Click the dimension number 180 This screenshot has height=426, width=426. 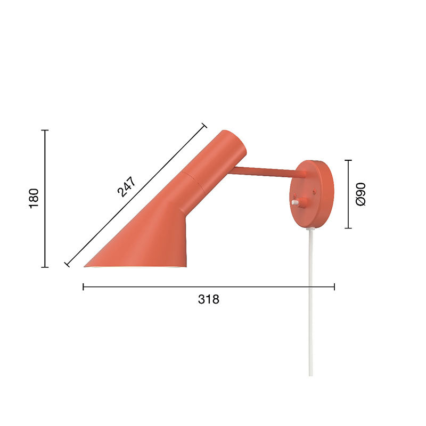click(34, 198)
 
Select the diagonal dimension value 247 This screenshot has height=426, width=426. click(127, 186)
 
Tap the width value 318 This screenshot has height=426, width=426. click(209, 299)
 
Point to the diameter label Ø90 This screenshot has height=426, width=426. click(361, 194)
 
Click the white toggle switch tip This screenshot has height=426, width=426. click(294, 202)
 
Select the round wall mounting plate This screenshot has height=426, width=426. click(314, 195)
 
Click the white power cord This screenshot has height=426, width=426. click(310, 298)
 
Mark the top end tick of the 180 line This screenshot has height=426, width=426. click(45, 130)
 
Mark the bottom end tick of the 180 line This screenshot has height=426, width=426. click(45, 267)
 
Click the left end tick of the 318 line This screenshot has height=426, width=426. click(84, 287)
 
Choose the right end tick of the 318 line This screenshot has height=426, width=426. click(334, 287)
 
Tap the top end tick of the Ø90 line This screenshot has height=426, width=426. click(348, 160)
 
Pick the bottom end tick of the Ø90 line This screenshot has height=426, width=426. click(348, 228)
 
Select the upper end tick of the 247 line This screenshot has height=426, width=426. click(203, 126)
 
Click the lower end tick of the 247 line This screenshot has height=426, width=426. click(67, 264)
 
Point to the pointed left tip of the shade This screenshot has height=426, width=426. click(86, 266)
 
